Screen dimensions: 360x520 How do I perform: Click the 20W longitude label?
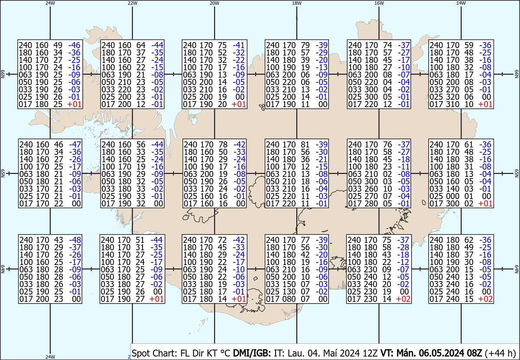(214, 3)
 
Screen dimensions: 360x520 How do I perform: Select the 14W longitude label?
(461, 3)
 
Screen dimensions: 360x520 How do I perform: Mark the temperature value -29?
(322, 52)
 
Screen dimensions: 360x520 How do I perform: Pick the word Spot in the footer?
(140, 352)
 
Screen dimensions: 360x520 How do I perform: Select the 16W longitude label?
(379, 3)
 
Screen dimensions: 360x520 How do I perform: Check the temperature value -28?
(404, 247)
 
